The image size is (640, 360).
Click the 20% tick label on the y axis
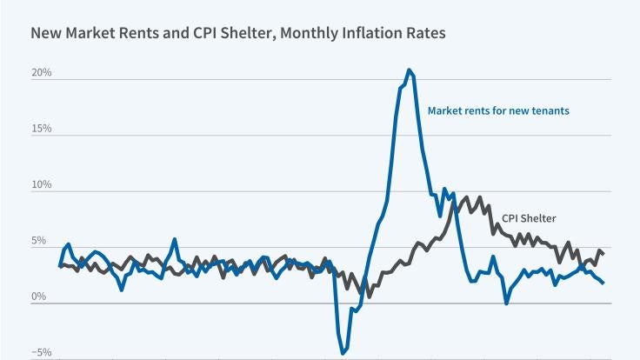(x=42, y=72)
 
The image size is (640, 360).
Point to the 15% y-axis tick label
(x=42, y=129)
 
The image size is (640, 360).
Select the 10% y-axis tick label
(x=42, y=185)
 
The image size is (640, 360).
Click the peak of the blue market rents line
(x=409, y=70)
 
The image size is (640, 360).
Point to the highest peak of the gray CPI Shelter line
(x=466, y=197)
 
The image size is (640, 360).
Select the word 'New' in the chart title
(x=45, y=34)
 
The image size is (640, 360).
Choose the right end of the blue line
(x=603, y=283)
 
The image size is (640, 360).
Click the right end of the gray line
(x=603, y=253)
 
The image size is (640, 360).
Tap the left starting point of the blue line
(x=60, y=266)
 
